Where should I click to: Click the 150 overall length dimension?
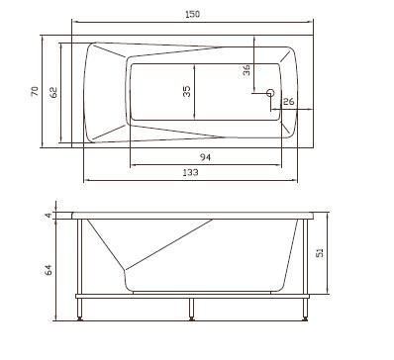pyautogui.click(x=192, y=14)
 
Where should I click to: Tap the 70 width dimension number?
pyautogui.click(x=35, y=91)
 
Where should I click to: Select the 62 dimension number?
pyautogui.click(x=53, y=92)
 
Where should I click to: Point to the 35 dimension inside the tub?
pyautogui.click(x=186, y=91)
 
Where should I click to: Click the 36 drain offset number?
pyautogui.click(x=246, y=70)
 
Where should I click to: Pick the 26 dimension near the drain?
pyautogui.click(x=288, y=102)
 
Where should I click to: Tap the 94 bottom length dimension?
pyautogui.click(x=205, y=157)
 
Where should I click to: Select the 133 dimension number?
pyautogui.click(x=190, y=172)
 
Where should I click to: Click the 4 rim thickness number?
pyautogui.click(x=49, y=216)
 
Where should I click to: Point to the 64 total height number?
pyautogui.click(x=49, y=270)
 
